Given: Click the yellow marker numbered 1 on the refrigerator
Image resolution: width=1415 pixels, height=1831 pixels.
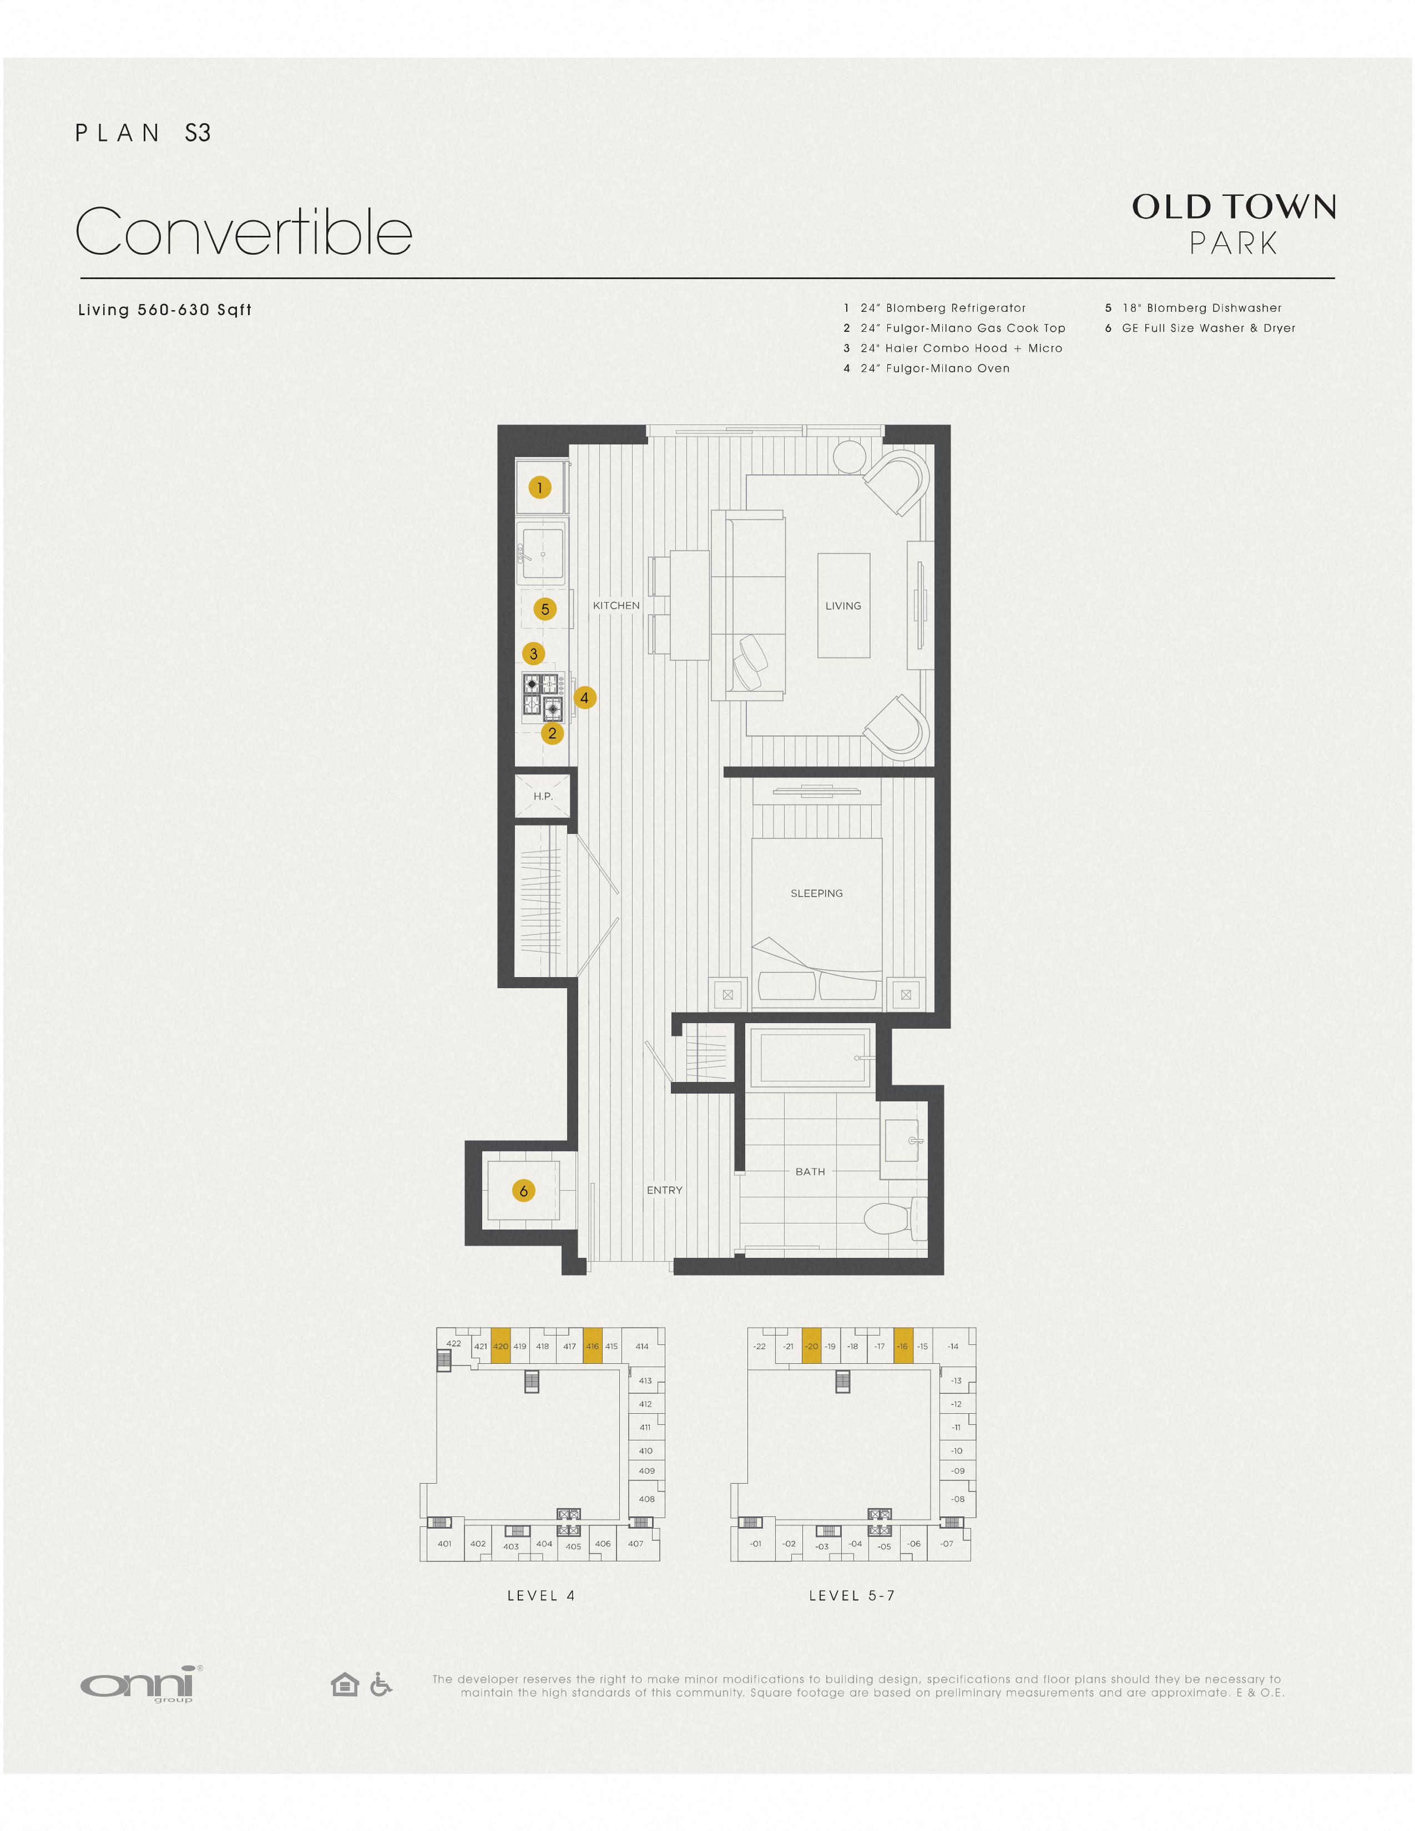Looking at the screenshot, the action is [540, 487].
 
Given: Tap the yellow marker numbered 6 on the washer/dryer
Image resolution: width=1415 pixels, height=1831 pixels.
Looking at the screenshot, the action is [524, 1191].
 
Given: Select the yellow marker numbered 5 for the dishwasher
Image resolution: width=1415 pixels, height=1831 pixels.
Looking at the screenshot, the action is [545, 609].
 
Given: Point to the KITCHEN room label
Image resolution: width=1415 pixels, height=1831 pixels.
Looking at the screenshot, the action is [616, 605].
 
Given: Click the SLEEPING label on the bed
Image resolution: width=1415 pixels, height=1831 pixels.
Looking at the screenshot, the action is [816, 893].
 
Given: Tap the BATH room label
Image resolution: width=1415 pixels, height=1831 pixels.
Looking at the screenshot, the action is [810, 1171].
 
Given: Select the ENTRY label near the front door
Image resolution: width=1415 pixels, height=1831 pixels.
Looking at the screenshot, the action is [665, 1190].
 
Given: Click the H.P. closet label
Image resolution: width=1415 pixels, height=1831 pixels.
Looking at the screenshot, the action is [543, 796].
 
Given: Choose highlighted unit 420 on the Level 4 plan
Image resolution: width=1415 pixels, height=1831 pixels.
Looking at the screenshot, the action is [501, 1346].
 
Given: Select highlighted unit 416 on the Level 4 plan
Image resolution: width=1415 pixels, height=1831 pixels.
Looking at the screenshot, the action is [593, 1346].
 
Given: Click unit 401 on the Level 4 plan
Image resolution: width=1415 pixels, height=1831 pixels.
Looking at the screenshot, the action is [444, 1544].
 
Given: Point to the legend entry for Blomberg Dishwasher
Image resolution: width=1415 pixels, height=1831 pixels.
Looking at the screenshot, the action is [1193, 308].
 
